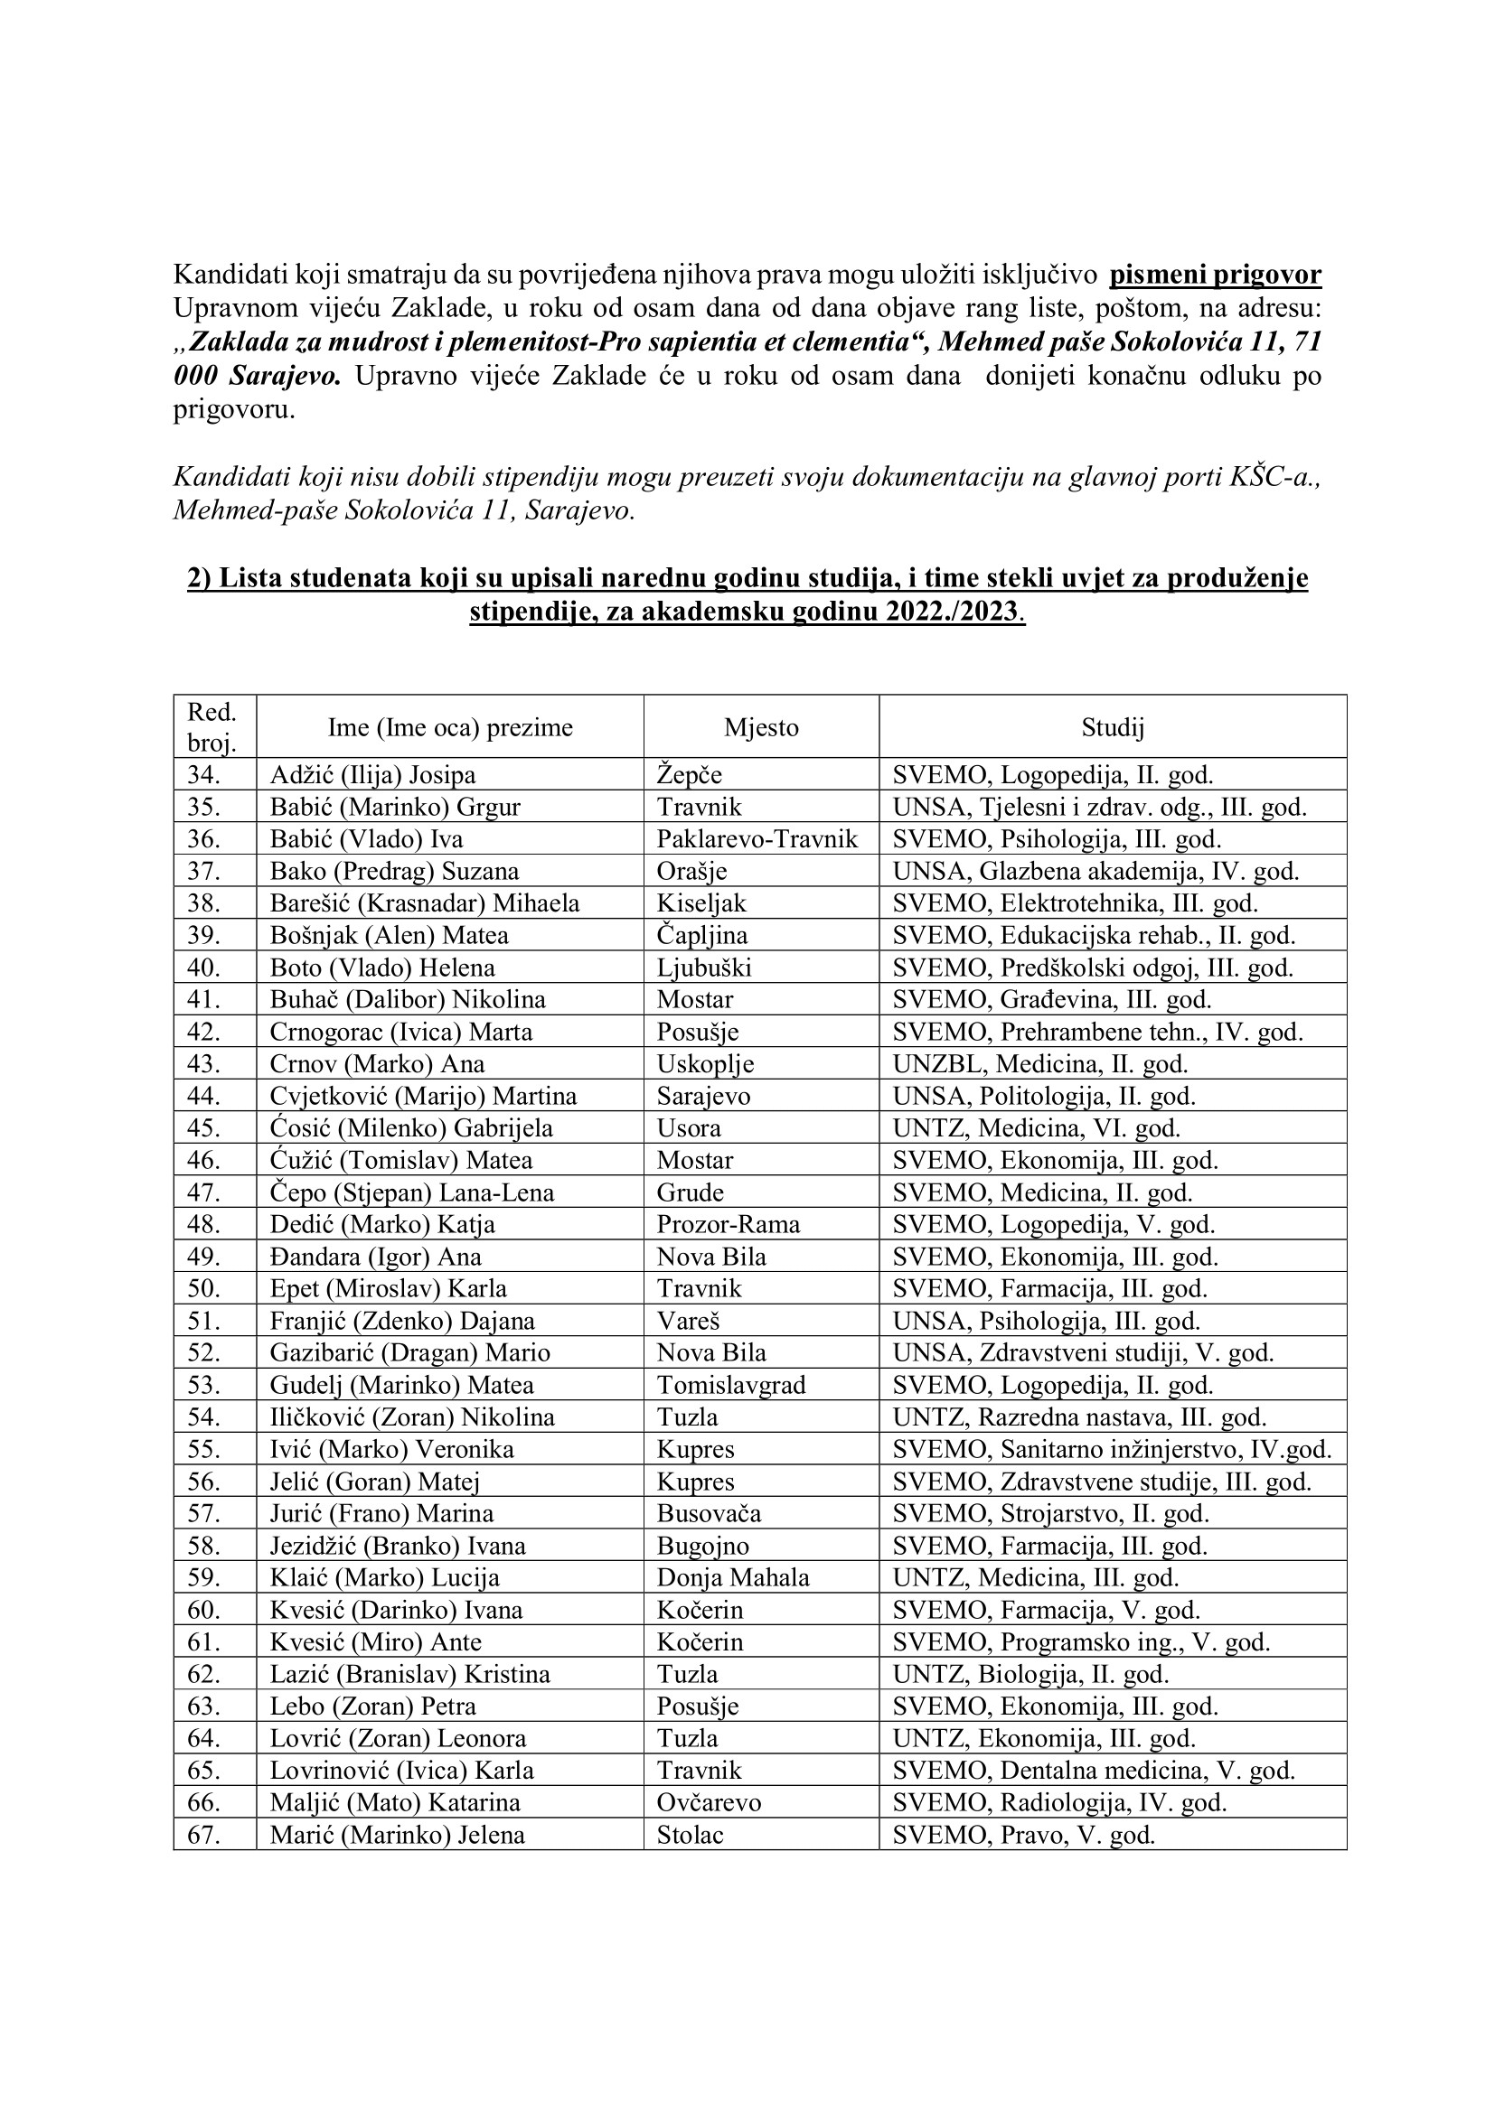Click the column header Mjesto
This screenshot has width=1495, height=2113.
coord(760,728)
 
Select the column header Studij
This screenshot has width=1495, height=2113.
coord(1112,728)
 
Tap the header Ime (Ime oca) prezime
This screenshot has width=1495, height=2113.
coord(450,728)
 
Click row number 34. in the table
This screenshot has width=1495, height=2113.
coord(203,775)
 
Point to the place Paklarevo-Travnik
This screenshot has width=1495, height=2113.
coord(757,839)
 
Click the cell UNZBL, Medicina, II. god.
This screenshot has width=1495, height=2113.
coord(1040,1064)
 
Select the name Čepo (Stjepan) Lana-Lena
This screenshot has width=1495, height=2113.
coord(411,1192)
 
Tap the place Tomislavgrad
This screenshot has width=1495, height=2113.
coord(731,1385)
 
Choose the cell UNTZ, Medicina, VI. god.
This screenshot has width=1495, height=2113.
coord(1037,1128)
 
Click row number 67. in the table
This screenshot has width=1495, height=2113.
coord(203,1835)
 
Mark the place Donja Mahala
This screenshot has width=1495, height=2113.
coord(733,1577)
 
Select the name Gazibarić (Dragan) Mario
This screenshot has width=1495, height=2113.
coord(409,1353)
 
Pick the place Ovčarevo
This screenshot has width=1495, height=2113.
coord(709,1803)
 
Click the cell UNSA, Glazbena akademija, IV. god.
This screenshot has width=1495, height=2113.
coord(1095,871)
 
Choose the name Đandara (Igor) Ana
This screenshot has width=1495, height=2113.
coord(376,1258)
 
